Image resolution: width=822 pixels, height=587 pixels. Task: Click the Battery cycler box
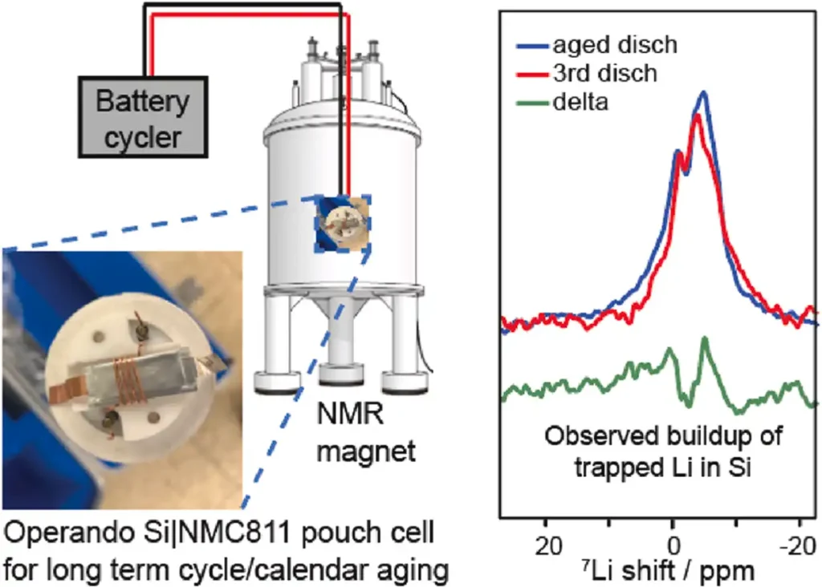(143, 117)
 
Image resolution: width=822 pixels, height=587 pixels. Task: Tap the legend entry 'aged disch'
(597, 45)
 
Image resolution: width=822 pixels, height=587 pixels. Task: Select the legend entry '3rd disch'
(587, 73)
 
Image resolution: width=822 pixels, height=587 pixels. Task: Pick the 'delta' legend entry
(563, 102)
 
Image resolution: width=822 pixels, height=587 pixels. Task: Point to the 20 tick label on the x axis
(548, 546)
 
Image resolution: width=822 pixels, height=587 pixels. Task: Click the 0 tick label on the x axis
(673, 546)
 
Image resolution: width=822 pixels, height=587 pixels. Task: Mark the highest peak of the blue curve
(703, 93)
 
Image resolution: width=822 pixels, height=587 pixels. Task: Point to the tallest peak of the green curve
(705, 338)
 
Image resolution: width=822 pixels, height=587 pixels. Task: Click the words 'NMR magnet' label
(366, 432)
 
